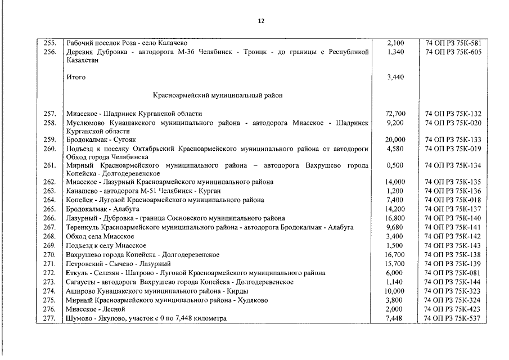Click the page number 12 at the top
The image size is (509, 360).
point(261,21)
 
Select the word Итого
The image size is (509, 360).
point(76,77)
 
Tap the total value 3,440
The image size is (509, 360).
point(396,77)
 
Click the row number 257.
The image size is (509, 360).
point(51,114)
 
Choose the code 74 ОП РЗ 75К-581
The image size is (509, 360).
point(453,43)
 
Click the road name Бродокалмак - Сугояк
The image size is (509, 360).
point(101,139)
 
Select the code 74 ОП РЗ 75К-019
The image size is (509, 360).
point(453,148)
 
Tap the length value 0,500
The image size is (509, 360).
point(396,165)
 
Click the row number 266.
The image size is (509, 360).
point(51,218)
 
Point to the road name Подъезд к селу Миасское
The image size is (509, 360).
point(106,246)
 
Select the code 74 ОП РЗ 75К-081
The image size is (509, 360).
point(453,273)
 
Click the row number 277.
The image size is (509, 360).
point(51,318)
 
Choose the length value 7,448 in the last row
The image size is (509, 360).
point(396,318)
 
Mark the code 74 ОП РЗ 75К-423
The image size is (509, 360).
point(453,309)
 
